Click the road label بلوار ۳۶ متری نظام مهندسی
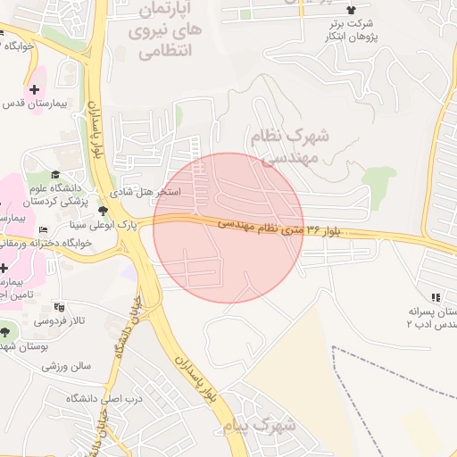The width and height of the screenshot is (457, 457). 280,228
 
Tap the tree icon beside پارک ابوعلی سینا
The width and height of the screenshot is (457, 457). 104,211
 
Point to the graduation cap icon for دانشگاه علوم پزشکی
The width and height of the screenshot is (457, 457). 56,174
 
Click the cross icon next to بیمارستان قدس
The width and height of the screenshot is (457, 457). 34,89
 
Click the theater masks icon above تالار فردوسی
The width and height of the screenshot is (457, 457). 59,306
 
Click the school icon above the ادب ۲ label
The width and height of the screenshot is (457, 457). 436,297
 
